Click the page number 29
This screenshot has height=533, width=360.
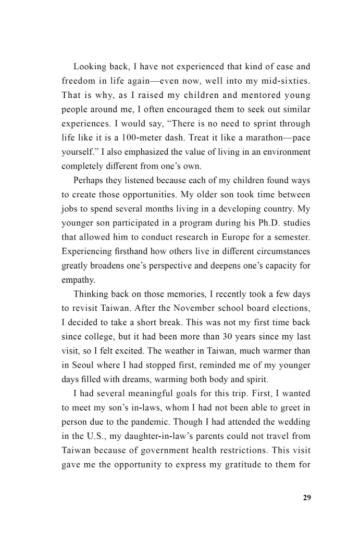[306, 498]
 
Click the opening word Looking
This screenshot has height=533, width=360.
[91, 67]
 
